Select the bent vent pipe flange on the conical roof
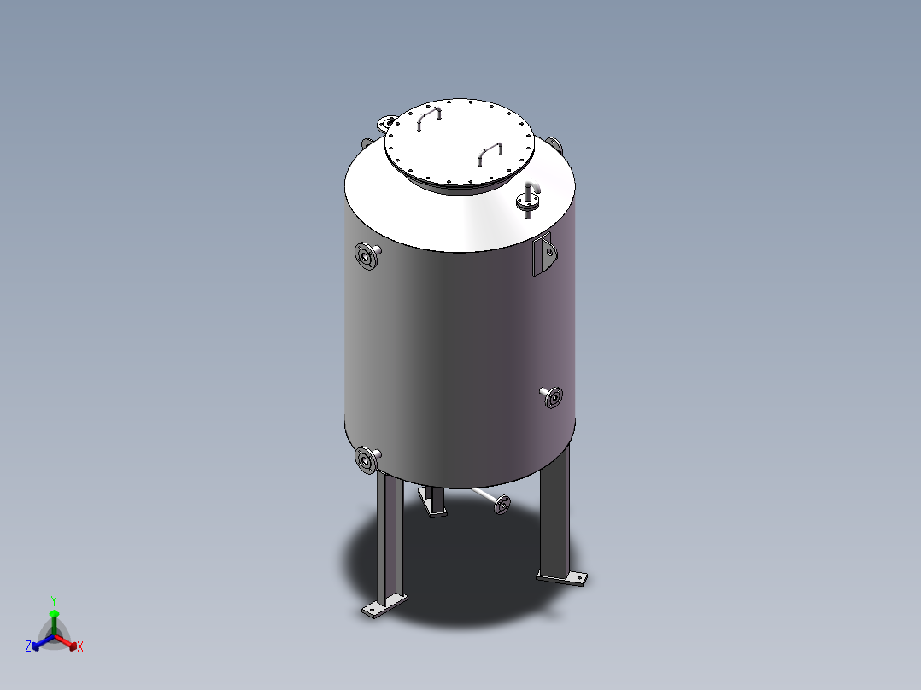click(528, 202)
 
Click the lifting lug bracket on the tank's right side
click(544, 254)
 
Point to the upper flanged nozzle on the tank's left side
click(367, 256)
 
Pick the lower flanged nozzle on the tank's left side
click(367, 459)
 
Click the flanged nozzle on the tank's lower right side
click(552, 397)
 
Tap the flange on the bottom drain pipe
click(502, 505)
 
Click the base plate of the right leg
click(562, 578)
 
